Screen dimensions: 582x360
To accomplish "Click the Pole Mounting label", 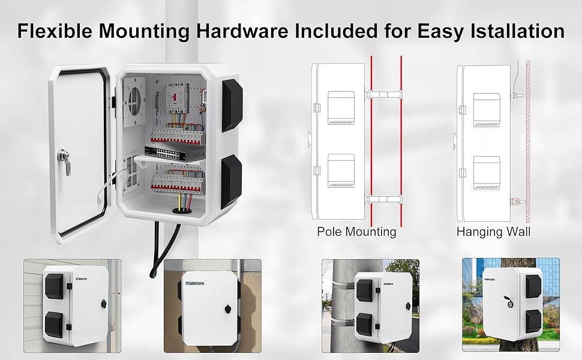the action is (x=356, y=231).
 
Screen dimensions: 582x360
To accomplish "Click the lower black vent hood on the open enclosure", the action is (x=230, y=180).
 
